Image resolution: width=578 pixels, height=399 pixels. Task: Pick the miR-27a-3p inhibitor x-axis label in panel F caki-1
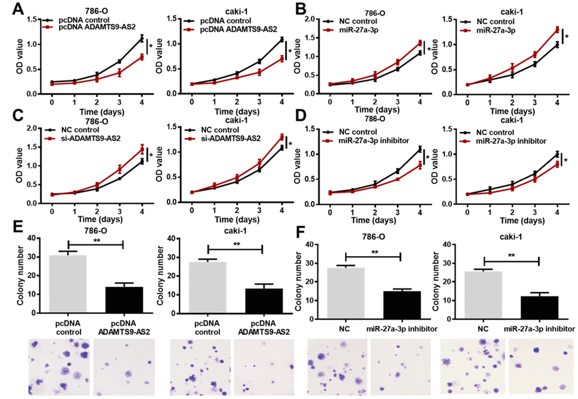click(x=539, y=328)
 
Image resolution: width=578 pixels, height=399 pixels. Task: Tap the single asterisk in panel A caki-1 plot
click(x=290, y=52)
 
